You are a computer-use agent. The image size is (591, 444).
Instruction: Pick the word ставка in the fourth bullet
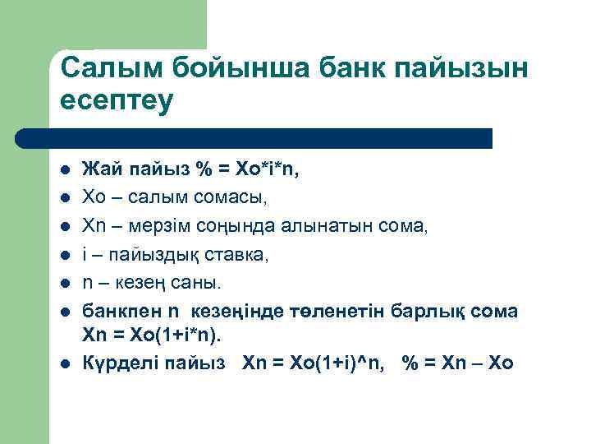point(236,256)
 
